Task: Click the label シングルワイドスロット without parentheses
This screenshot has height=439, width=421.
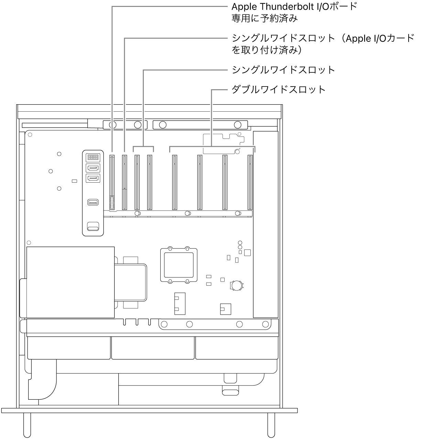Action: pos(283,70)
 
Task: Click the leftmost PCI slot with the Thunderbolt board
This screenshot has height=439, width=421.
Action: pos(112,182)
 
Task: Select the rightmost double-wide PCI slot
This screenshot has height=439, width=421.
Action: pos(250,182)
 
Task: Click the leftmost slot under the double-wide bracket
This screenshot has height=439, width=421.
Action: pos(174,182)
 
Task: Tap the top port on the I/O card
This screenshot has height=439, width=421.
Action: pos(93,157)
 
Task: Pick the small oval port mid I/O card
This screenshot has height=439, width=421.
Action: pos(93,202)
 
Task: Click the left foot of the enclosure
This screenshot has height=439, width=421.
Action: pos(27,425)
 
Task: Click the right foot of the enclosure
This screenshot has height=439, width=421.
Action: pos(271,425)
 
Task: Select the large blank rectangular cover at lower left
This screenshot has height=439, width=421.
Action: pos(71,282)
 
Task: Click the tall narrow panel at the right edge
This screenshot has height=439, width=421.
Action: pos(266,224)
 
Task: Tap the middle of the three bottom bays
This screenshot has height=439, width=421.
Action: pos(153,348)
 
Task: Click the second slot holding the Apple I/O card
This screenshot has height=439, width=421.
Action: pos(125,182)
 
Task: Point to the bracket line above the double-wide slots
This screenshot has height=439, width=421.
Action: pos(212,147)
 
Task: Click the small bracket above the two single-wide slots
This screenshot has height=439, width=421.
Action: pos(143,147)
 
